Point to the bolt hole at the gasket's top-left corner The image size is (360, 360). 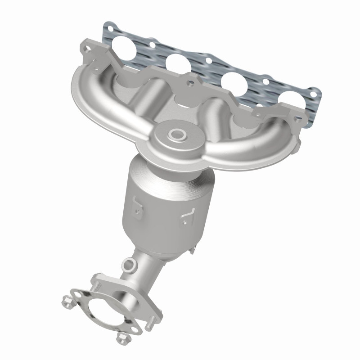click(x=108, y=28)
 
